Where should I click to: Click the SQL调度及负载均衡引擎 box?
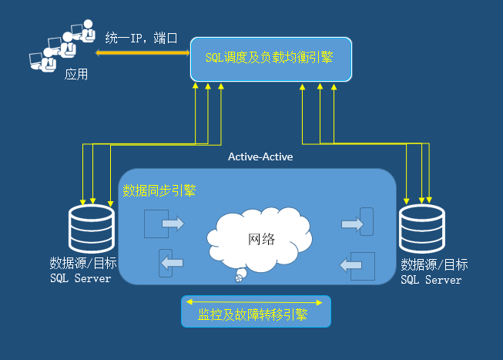(271, 59)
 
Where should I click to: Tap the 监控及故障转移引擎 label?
(253, 315)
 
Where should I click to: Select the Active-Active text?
(260, 156)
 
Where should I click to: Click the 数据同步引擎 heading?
(159, 190)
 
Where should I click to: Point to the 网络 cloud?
(260, 237)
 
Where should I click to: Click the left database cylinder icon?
(92, 228)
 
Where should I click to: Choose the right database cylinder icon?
(422, 228)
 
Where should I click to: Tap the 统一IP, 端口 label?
(141, 39)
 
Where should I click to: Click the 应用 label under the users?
(76, 75)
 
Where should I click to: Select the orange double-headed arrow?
(143, 53)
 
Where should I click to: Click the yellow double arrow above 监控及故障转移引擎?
(254, 302)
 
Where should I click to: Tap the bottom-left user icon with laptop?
(43, 60)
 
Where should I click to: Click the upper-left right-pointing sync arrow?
(173, 224)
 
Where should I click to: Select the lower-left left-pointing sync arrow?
(172, 263)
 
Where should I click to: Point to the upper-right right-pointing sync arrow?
(352, 224)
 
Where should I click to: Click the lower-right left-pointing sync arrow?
(350, 265)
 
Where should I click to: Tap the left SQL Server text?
(81, 278)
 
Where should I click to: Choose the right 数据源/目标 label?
(434, 265)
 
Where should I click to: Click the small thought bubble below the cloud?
(240, 275)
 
